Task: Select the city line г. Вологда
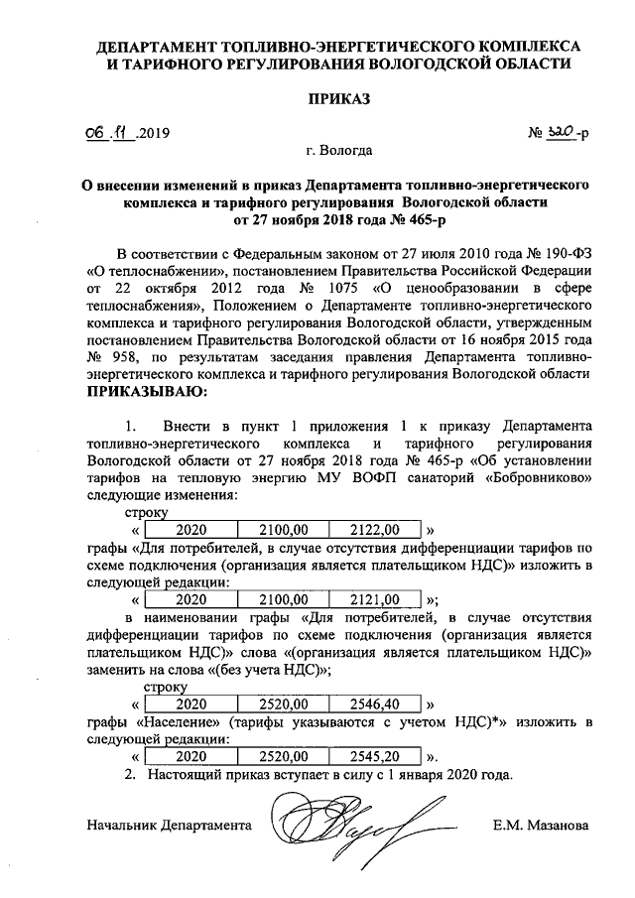tap(339, 152)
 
